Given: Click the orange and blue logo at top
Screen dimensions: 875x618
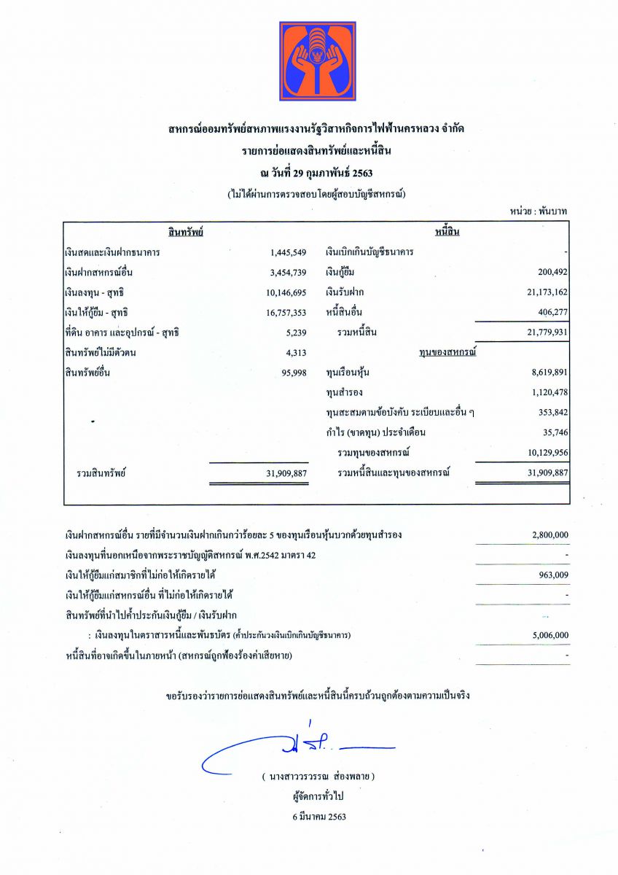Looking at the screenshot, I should point(318,61).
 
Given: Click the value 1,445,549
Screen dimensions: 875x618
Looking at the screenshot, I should point(288,252).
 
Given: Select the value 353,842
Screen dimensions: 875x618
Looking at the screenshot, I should point(550,413).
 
